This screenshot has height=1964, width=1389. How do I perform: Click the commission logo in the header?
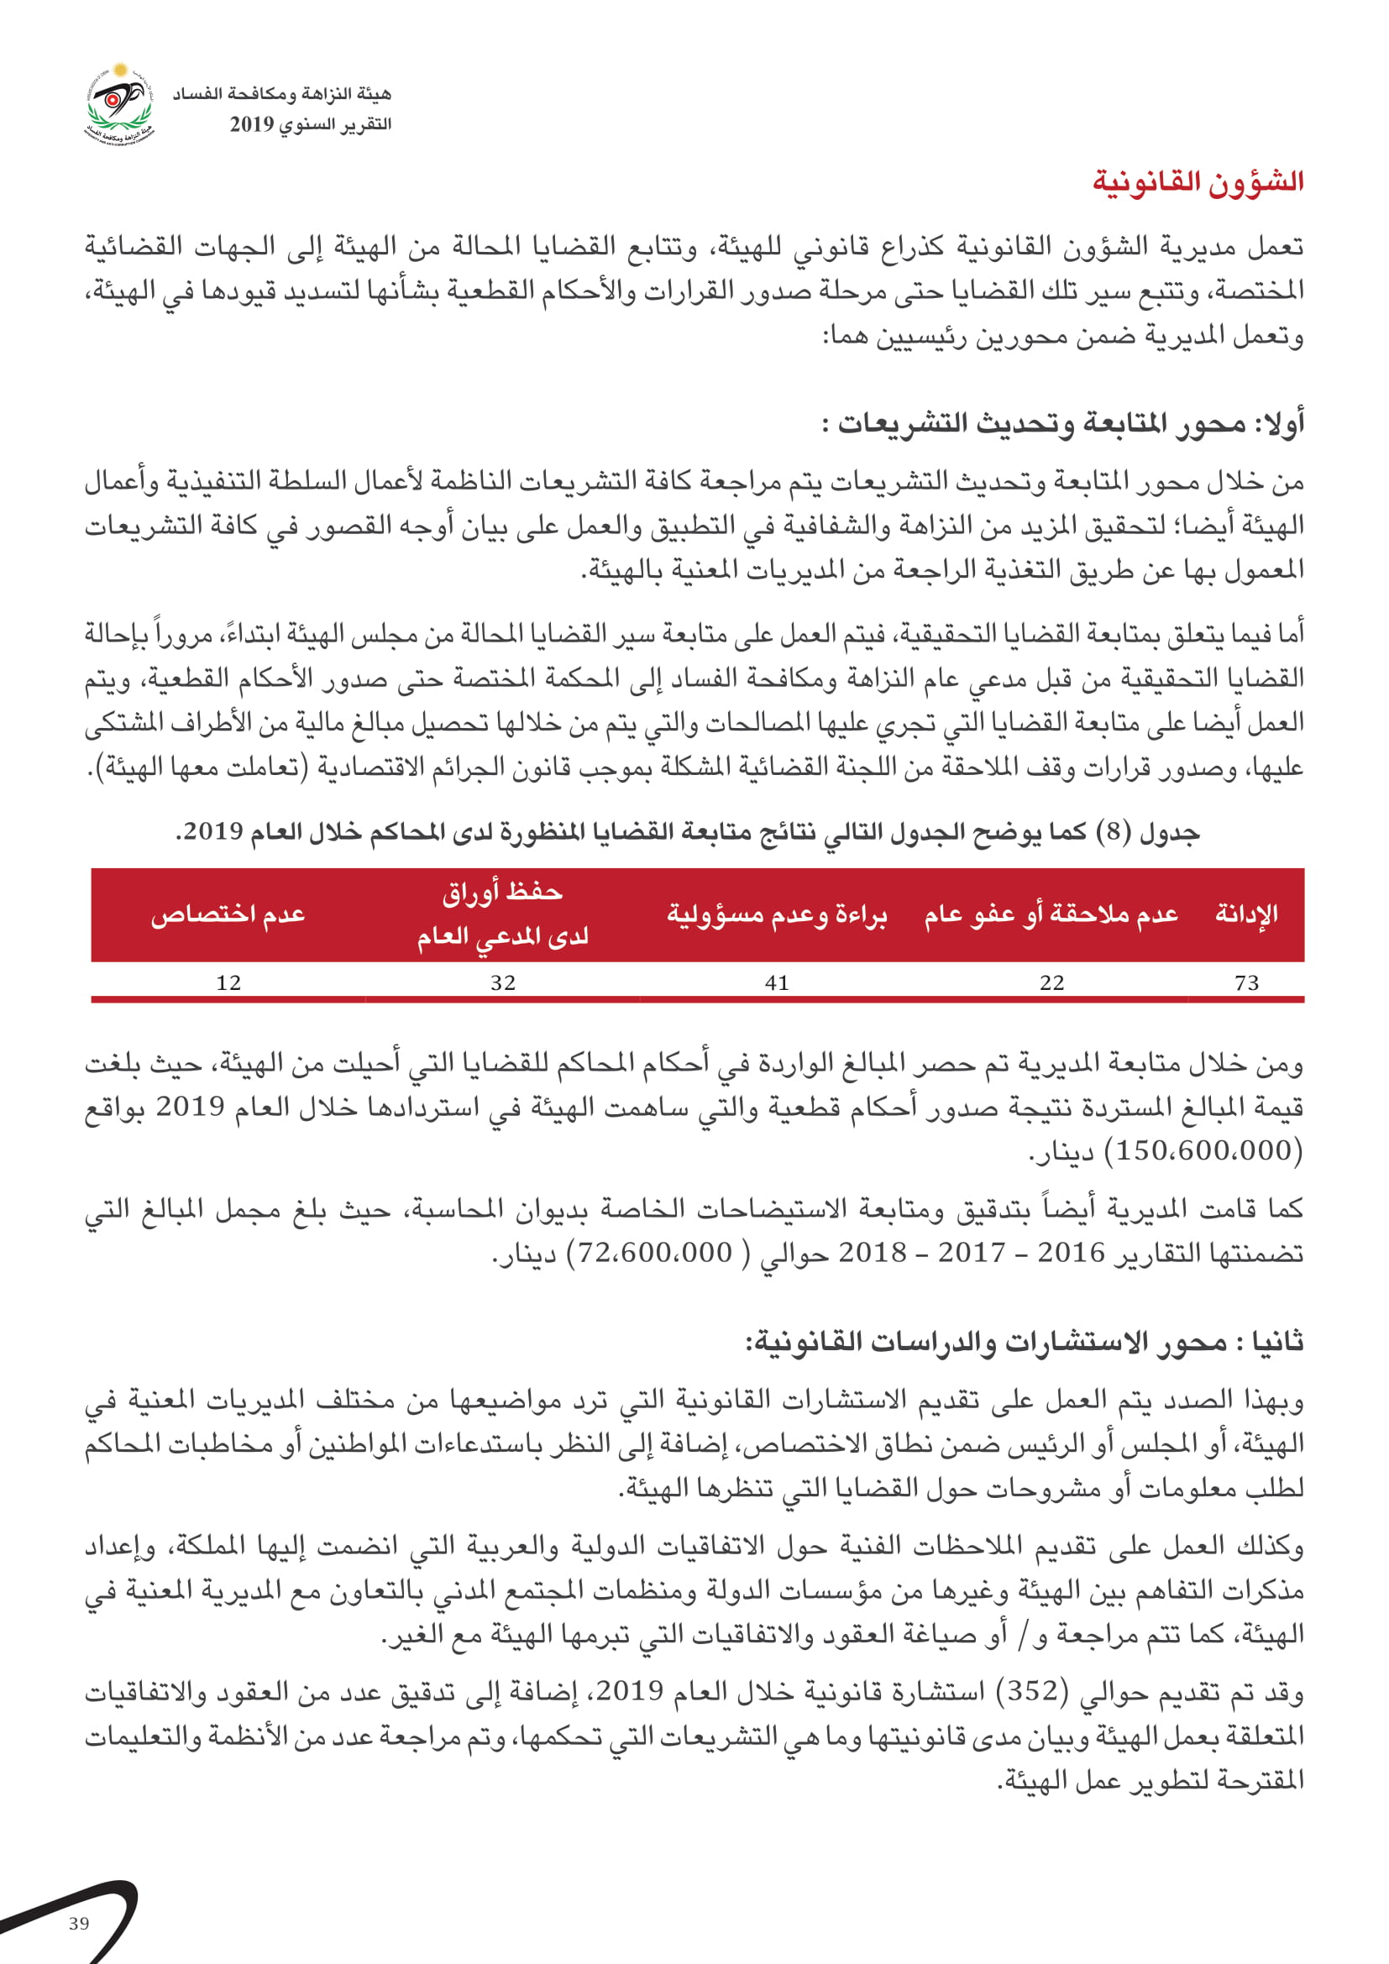(120, 105)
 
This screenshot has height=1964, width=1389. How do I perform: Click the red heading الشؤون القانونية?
(1198, 182)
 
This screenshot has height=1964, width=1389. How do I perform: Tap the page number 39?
(79, 1924)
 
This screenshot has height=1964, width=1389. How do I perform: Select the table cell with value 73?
(1246, 983)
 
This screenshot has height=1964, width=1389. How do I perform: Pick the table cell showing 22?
(1051, 983)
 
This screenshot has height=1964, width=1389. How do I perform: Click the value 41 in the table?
(777, 983)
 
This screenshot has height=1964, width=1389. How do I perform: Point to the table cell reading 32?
(503, 983)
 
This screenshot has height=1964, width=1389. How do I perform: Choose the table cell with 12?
(228, 983)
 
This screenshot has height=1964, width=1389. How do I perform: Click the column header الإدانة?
(1246, 914)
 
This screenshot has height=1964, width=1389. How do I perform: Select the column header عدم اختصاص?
(228, 914)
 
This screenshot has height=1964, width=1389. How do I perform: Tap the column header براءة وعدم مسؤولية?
(777, 914)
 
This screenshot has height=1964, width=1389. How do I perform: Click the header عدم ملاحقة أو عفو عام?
(1051, 914)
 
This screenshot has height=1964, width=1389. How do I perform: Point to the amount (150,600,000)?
(1204, 1151)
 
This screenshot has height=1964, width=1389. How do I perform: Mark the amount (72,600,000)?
(656, 1252)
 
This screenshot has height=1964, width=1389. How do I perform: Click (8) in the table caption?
(1114, 832)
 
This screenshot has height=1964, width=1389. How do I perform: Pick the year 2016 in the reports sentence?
(1071, 1252)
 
